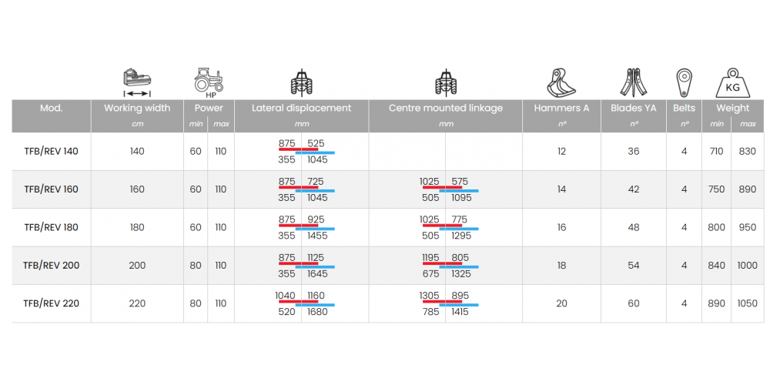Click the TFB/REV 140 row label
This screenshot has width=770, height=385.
pyautogui.click(x=51, y=152)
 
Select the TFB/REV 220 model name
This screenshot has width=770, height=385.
pyautogui.click(x=51, y=303)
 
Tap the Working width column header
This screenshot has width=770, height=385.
pyautogui.click(x=137, y=109)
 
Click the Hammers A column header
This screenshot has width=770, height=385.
pyautogui.click(x=561, y=109)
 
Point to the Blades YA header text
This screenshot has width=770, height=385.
pyautogui.click(x=634, y=109)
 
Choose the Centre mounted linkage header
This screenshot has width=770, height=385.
pyautogui.click(x=445, y=109)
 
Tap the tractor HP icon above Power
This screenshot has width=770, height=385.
pyautogui.click(x=209, y=81)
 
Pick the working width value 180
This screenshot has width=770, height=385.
pyautogui.click(x=137, y=227)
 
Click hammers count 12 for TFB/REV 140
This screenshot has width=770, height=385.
pyautogui.click(x=561, y=152)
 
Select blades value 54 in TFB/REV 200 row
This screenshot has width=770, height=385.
pyautogui.click(x=634, y=266)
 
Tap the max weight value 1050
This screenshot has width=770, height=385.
pyautogui.click(x=748, y=303)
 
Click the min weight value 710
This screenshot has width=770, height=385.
pyautogui.click(x=717, y=152)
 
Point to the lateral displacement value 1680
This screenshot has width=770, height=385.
pyautogui.click(x=317, y=312)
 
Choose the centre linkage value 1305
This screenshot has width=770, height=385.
pyautogui.click(x=430, y=296)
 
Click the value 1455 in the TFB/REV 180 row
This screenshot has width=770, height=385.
pyautogui.click(x=317, y=236)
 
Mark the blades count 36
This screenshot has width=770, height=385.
pyautogui.click(x=634, y=152)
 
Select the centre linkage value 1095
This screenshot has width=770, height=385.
pyautogui.click(x=462, y=198)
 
